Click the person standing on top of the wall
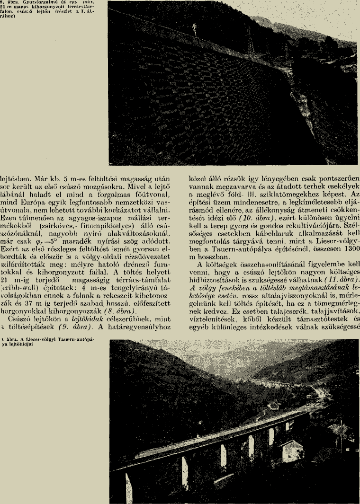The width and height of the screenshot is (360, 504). (194, 29)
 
